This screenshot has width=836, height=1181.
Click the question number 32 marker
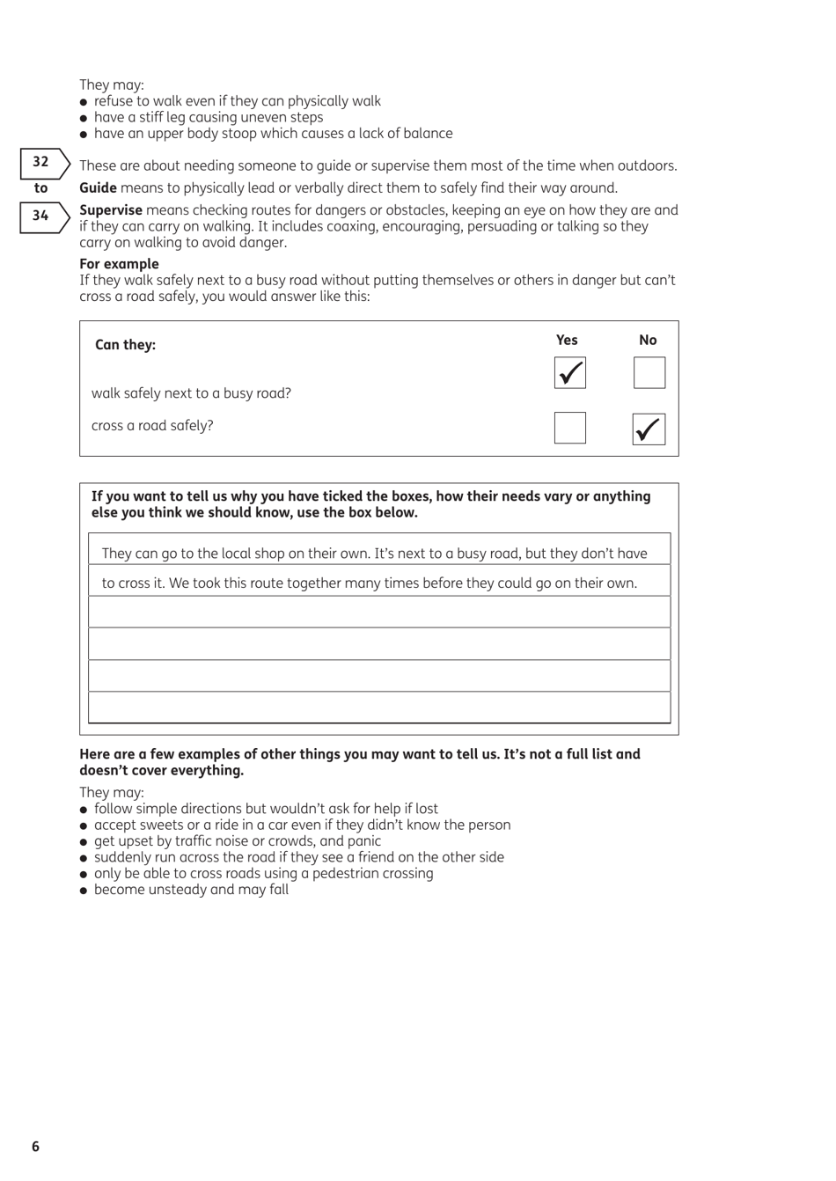tap(41, 162)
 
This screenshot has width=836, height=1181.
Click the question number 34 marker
tap(41, 216)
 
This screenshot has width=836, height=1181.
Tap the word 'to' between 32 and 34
tap(40, 188)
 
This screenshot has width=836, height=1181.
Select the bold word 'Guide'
tap(98, 188)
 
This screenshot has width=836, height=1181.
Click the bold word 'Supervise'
tap(111, 210)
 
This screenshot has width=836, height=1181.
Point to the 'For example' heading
tap(119, 264)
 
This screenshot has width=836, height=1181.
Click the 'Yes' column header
tap(567, 340)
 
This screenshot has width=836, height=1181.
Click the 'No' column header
tap(648, 340)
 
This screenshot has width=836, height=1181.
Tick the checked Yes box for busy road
tap(569, 373)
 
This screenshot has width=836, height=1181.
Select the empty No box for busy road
tap(649, 373)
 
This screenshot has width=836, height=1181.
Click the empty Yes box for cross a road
tap(569, 428)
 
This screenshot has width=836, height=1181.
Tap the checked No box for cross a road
tap(649, 429)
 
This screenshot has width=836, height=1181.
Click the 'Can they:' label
tap(125, 345)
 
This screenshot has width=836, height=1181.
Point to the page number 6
tap(35, 1147)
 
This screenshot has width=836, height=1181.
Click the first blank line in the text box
tap(379, 613)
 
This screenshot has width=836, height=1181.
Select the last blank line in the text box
tap(379, 708)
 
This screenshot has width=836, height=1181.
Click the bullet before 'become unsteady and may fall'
tap(84, 891)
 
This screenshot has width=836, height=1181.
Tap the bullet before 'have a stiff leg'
tap(84, 118)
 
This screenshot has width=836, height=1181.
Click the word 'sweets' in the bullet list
tap(161, 825)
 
